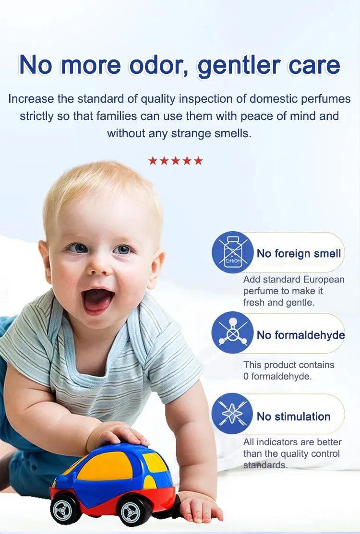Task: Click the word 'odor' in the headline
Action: (159, 65)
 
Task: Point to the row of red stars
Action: (175, 160)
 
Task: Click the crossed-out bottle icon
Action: (233, 252)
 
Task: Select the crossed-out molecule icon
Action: (233, 332)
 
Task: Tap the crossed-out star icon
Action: (232, 414)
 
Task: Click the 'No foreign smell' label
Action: (299, 253)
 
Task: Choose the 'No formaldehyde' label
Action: (301, 335)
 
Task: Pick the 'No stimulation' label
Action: (294, 416)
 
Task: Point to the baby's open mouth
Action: (98, 300)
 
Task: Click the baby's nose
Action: (98, 266)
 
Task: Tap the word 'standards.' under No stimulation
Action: (265, 465)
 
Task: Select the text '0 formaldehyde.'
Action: (277, 376)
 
